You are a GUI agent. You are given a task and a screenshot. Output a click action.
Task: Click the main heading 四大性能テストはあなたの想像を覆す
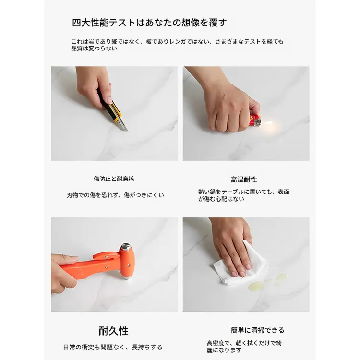click(149, 23)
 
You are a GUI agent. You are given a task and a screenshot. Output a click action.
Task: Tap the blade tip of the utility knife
click(127, 131)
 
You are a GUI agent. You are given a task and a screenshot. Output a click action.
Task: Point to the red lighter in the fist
click(254, 120)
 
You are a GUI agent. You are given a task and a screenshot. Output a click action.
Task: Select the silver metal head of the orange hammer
click(126, 247)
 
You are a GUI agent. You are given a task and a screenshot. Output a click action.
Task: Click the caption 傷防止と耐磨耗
click(114, 179)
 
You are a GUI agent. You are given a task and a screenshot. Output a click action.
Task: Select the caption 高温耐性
click(244, 180)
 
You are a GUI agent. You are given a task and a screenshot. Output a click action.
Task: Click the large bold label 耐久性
click(113, 331)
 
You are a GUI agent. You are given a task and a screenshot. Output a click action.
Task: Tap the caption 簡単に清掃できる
click(258, 330)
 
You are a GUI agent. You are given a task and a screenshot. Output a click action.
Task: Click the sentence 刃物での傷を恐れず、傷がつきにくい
click(116, 195)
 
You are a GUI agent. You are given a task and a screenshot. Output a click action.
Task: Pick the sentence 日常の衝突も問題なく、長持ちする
click(113, 347)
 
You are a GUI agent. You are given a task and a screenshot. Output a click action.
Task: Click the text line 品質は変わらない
click(94, 48)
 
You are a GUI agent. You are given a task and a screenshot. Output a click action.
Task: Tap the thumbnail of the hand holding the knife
click(114, 113)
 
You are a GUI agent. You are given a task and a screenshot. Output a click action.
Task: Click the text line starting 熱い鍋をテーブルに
click(244, 192)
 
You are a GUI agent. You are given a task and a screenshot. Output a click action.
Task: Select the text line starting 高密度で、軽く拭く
click(244, 343)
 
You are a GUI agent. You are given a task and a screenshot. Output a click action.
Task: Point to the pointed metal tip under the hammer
click(126, 278)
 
